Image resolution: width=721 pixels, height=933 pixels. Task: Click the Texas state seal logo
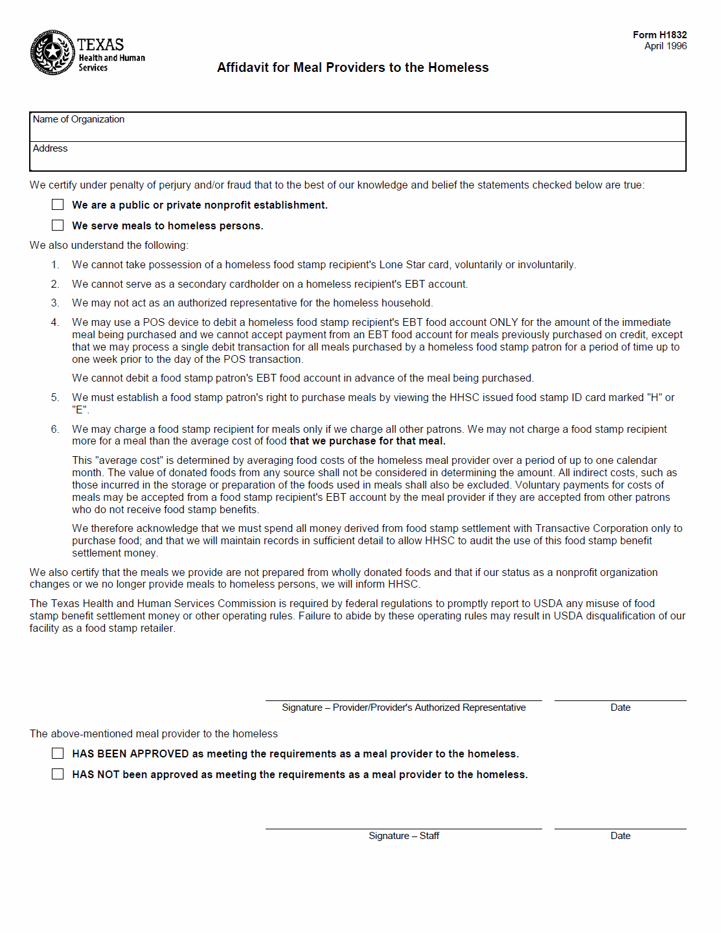click(x=52, y=52)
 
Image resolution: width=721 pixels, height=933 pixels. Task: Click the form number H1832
click(x=659, y=35)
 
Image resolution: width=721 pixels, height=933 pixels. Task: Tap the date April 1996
click(x=665, y=46)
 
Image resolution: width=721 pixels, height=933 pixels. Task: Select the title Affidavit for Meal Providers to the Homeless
click(x=352, y=67)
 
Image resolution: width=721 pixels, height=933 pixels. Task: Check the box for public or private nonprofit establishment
click(x=58, y=205)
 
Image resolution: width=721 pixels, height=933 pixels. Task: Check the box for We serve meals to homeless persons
click(x=58, y=225)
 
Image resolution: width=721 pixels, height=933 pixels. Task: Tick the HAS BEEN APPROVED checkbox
click(x=58, y=754)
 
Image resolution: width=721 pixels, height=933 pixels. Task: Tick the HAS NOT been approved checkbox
click(x=58, y=774)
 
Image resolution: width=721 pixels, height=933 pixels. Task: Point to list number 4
click(x=55, y=323)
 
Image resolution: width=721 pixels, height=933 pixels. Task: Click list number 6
click(x=55, y=430)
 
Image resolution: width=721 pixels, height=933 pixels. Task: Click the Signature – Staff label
click(x=404, y=836)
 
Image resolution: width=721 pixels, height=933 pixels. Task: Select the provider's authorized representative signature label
click(x=404, y=708)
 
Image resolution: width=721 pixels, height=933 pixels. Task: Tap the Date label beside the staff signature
click(x=620, y=836)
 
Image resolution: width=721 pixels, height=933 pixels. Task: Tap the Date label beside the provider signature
click(x=620, y=708)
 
